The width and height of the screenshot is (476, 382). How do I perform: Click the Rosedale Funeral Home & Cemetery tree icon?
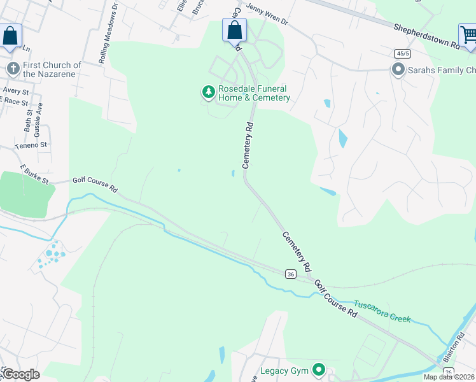[208, 93]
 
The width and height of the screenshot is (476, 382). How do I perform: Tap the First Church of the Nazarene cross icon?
[11, 69]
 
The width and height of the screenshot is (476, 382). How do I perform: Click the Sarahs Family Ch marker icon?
[398, 69]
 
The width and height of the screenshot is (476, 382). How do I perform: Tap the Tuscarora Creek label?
[382, 311]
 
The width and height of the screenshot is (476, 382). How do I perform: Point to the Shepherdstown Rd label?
[426, 36]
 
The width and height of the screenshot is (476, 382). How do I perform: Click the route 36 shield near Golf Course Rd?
[291, 274]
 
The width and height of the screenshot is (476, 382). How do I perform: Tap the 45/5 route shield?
[401, 53]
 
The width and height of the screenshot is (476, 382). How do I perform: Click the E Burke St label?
[34, 174]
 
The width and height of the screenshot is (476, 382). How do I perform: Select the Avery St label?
[16, 92]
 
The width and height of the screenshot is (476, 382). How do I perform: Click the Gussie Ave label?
[39, 116]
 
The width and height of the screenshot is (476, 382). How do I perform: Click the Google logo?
[20, 374]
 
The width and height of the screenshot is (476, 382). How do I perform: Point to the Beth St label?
[28, 120]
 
